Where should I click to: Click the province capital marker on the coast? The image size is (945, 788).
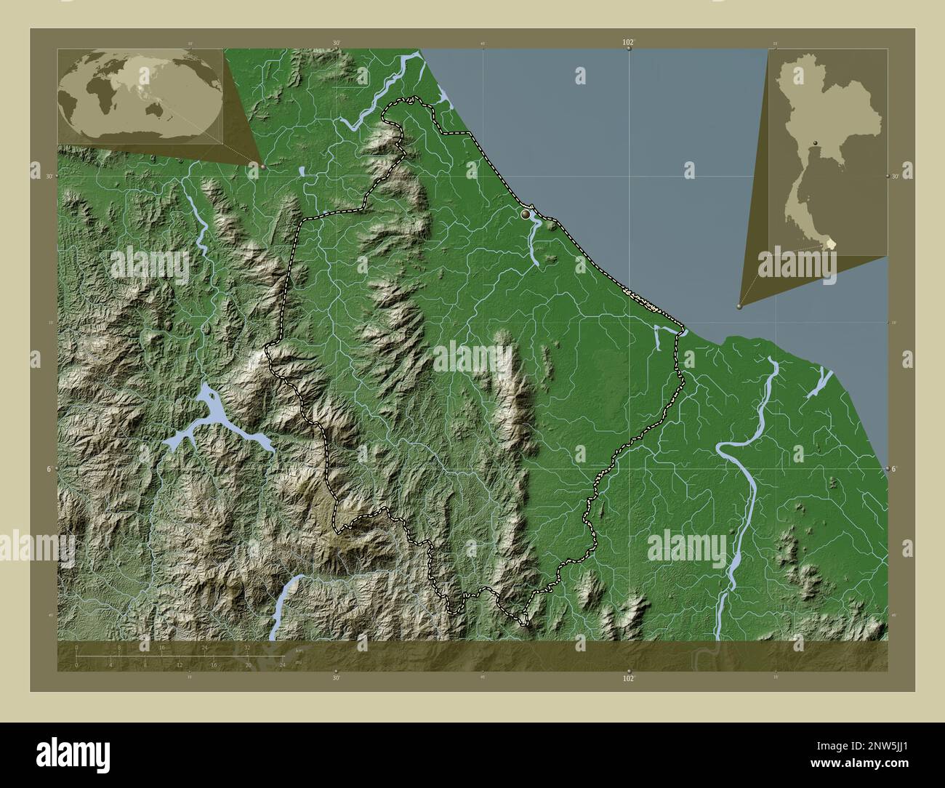click(x=526, y=214)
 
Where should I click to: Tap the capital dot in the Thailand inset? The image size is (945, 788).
click(x=816, y=142)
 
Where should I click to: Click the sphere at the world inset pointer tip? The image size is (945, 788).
click(x=263, y=166)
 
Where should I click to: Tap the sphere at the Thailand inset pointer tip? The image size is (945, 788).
click(x=740, y=307)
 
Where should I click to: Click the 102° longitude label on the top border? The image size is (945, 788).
click(x=629, y=43)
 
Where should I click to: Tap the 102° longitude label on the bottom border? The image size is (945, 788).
click(x=629, y=678)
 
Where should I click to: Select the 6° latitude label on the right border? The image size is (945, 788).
click(x=895, y=469)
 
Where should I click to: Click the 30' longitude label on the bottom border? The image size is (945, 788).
click(x=336, y=678)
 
